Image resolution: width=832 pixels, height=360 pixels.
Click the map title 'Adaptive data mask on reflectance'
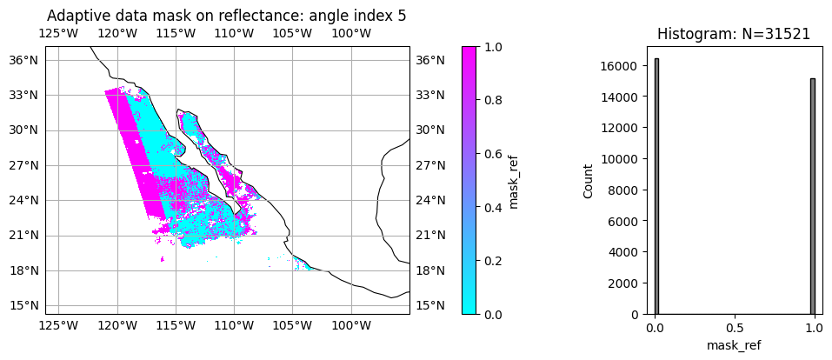226,16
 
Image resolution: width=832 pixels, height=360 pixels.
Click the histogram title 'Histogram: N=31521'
734,34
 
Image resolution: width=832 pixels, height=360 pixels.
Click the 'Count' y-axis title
589,181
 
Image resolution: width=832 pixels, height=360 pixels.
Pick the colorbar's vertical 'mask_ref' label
513,181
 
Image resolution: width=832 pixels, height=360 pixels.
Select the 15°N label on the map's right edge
429,305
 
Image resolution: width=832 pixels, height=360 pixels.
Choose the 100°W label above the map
351,34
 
